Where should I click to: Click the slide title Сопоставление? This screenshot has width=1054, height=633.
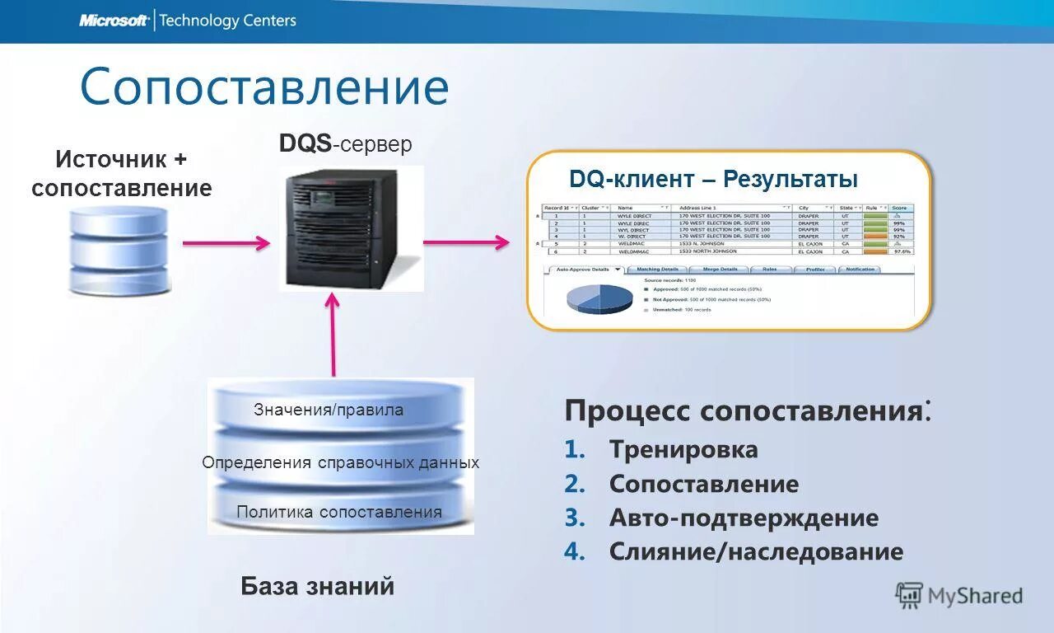click(x=263, y=87)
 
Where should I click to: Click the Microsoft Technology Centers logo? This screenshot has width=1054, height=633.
click(x=188, y=21)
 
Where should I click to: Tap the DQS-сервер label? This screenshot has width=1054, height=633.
click(x=345, y=144)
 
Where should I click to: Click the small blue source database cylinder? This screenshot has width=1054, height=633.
click(x=119, y=251)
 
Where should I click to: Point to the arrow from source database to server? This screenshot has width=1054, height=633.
click(x=226, y=243)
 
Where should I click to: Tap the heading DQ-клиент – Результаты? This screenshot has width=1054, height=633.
click(x=713, y=179)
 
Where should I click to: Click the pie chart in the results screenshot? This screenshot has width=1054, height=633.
click(x=599, y=298)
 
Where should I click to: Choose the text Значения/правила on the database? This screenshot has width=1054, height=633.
click(x=329, y=410)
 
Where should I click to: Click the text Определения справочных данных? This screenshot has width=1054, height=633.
click(x=340, y=462)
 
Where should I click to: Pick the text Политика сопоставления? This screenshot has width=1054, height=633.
click(x=339, y=512)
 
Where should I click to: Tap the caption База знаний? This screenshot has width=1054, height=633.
click(x=317, y=586)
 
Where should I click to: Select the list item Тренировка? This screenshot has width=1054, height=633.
click(x=683, y=450)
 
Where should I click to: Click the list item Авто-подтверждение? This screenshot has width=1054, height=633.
click(x=744, y=518)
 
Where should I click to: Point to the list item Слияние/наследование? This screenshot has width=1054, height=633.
click(x=756, y=551)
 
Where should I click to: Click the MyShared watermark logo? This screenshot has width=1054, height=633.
click(x=959, y=595)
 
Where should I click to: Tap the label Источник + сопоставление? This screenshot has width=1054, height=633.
click(x=122, y=173)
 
